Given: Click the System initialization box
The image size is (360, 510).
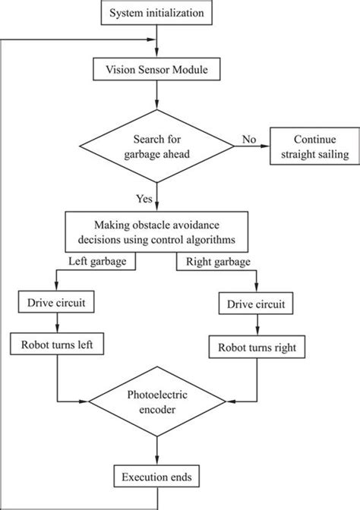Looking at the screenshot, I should pos(156,13).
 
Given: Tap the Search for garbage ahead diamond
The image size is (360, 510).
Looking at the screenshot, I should pos(156,146).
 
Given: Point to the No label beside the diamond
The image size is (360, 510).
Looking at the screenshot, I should pos(248,139).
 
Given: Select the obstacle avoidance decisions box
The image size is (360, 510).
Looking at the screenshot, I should pos(157,231).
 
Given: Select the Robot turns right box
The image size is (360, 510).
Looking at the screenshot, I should pos(256,349).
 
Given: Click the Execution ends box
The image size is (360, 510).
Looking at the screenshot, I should pos(156,477).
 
